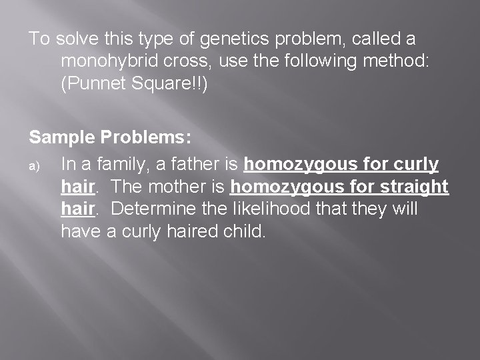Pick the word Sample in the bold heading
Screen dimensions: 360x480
pyautogui.click(x=62, y=138)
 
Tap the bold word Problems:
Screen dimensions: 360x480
pyautogui.click(x=147, y=138)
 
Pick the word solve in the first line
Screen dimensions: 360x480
pyautogui.click(x=79, y=39)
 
